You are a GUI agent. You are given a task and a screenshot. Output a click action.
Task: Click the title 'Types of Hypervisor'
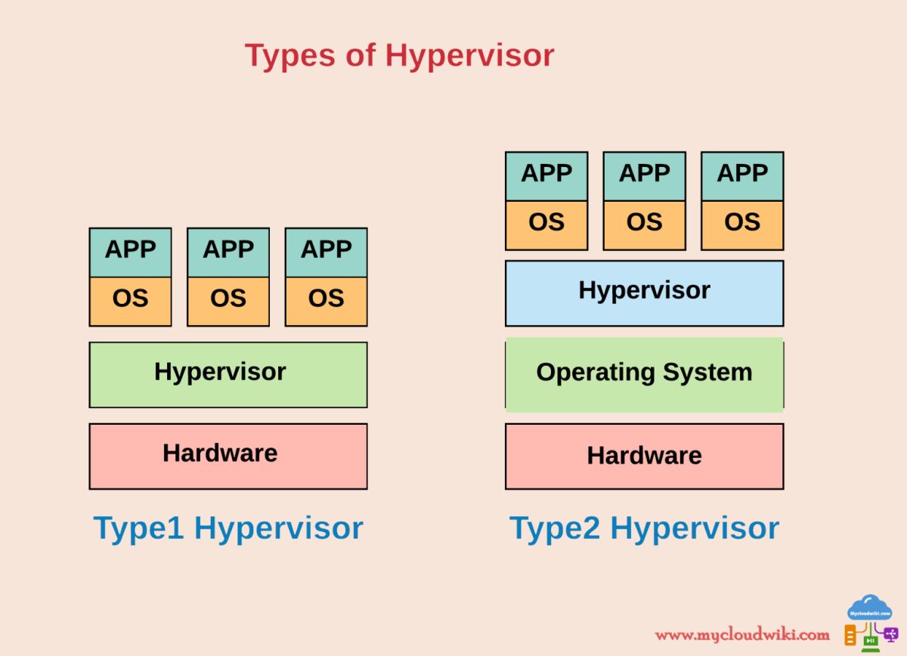point(399,56)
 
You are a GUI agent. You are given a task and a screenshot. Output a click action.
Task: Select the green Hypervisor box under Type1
point(228,374)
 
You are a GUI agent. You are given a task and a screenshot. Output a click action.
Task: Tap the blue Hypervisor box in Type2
point(644,292)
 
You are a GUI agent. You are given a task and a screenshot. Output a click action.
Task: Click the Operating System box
point(644,373)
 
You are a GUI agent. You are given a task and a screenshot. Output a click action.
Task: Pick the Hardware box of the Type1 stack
point(228,456)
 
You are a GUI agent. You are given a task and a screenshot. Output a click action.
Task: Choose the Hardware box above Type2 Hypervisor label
point(644,456)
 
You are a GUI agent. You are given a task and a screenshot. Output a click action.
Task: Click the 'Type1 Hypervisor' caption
point(228,528)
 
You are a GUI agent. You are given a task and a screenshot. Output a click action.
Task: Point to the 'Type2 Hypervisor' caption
point(644,528)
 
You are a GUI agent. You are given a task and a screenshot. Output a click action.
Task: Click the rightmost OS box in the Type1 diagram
point(326,301)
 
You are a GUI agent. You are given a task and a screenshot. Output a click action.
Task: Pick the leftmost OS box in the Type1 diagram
point(130,301)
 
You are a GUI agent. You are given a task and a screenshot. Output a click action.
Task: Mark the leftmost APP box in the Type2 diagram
point(546,175)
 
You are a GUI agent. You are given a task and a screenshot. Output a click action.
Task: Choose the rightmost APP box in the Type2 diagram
point(742,175)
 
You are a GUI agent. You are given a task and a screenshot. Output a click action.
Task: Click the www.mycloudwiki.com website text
point(741,634)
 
